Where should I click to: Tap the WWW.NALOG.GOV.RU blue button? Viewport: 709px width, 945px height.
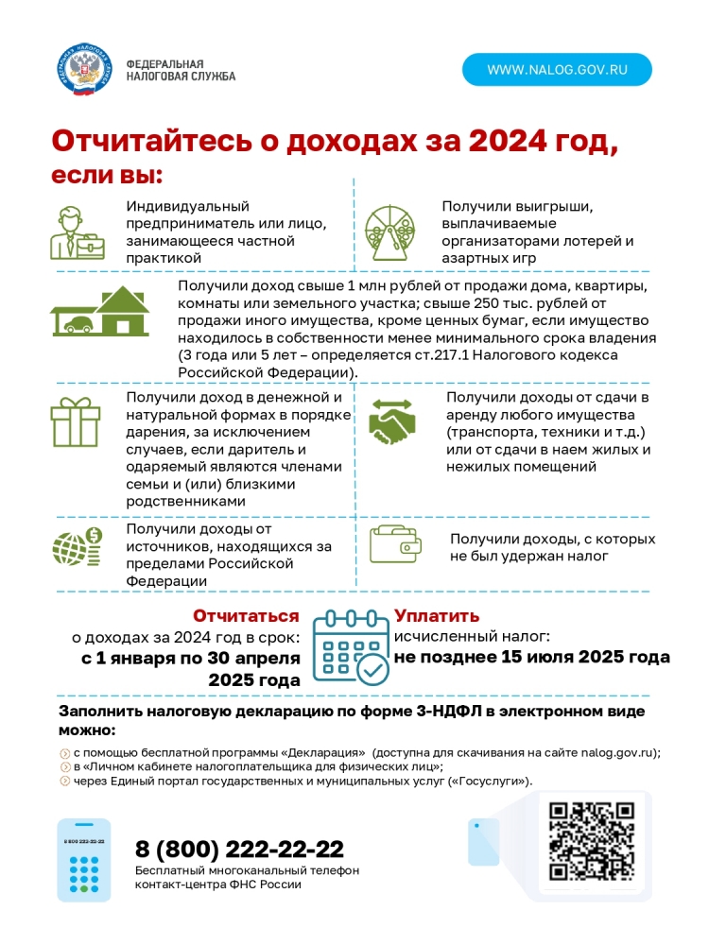point(557,69)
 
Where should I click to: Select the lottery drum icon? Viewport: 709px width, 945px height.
point(390,231)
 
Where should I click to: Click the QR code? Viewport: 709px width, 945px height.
point(591,841)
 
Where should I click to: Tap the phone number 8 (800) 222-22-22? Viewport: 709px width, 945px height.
point(239,848)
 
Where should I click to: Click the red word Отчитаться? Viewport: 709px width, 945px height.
point(246,616)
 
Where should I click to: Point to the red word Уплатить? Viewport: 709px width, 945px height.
point(437,616)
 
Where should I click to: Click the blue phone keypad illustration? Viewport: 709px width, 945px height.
point(84,858)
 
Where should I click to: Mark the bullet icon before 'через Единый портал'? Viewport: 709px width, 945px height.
point(64,782)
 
